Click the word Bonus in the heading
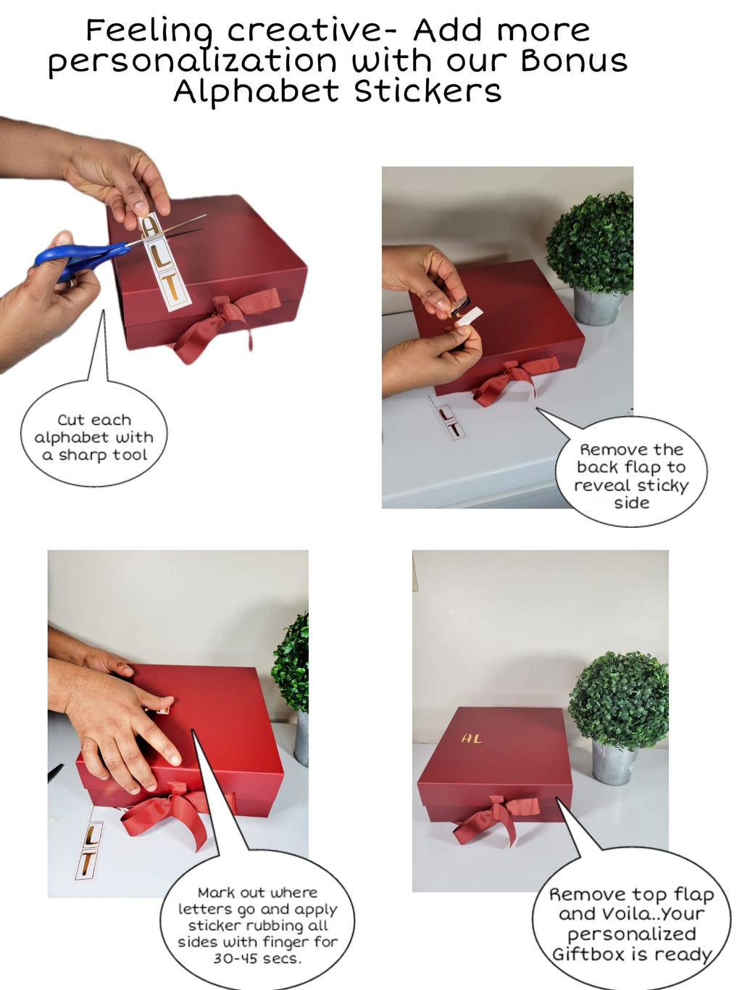point(574,61)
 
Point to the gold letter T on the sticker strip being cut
point(174,285)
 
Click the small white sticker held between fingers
point(467,316)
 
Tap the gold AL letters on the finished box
point(471,738)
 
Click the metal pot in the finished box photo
point(614,762)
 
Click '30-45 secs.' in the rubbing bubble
point(257,958)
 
